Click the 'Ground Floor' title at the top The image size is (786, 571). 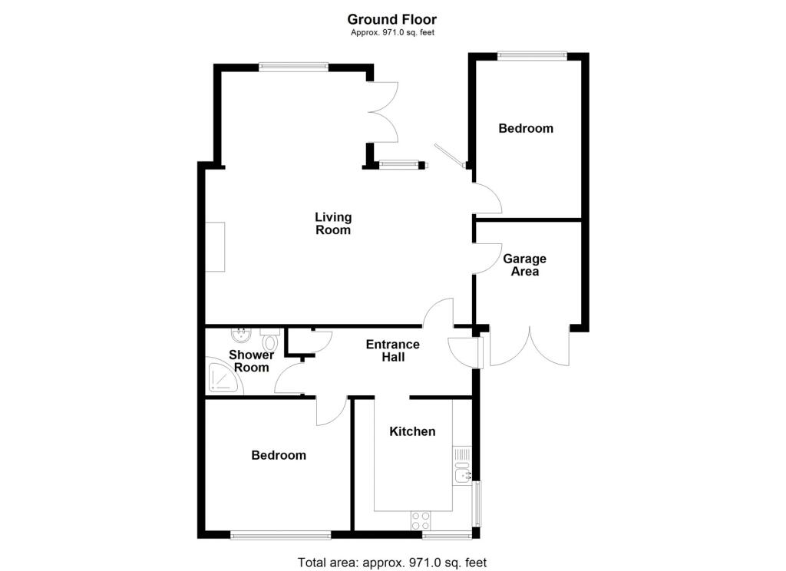[x=392, y=19]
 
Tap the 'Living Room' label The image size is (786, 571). [x=333, y=223]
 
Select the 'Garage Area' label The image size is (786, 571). [x=525, y=265]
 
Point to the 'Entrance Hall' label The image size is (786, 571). [x=392, y=351]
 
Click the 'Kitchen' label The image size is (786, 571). [x=412, y=431]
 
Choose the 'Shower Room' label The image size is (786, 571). [x=251, y=361]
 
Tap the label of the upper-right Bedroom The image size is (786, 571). [x=526, y=128]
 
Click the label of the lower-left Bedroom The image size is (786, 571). [x=279, y=455]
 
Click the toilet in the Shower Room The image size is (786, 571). [x=269, y=337]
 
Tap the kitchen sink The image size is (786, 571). [x=462, y=471]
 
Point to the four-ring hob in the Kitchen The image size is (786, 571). [x=421, y=520]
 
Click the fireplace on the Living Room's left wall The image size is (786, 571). [x=214, y=246]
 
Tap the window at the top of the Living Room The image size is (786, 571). [x=293, y=67]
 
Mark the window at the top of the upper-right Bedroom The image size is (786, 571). [x=532, y=54]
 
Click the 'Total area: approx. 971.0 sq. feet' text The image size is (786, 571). [x=392, y=563]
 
